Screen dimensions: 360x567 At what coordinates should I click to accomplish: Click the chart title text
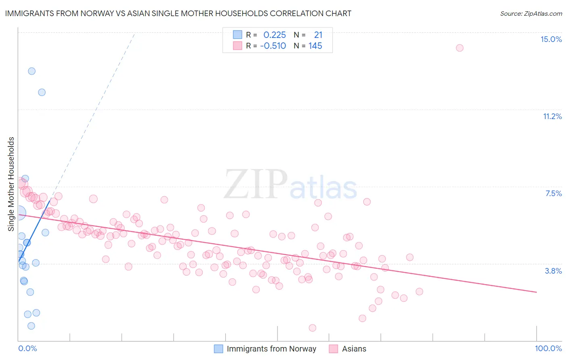(x=178, y=13)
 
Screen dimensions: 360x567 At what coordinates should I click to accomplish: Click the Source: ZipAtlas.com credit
(x=531, y=13)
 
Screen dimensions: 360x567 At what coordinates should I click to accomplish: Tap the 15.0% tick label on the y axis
(x=551, y=39)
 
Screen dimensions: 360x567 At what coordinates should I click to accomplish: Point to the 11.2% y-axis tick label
(x=552, y=116)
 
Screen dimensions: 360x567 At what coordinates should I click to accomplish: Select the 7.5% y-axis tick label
(x=553, y=193)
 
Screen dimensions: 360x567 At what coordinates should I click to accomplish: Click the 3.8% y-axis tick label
(x=553, y=271)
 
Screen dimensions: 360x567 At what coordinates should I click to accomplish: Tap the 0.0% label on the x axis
(x=27, y=348)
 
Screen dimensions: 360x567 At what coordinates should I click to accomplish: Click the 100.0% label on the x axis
(x=548, y=348)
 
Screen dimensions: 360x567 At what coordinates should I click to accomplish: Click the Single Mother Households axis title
(x=11, y=184)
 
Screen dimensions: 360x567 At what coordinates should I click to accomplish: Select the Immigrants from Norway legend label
(x=271, y=349)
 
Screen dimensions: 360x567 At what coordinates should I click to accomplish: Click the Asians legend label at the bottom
(x=354, y=349)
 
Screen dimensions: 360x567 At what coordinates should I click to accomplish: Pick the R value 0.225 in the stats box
(x=275, y=35)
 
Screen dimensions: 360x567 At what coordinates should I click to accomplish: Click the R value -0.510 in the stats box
(x=273, y=46)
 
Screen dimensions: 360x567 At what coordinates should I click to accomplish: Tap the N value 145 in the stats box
(x=315, y=46)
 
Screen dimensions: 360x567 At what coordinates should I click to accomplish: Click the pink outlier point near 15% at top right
(x=459, y=48)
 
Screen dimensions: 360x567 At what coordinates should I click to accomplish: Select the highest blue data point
(x=31, y=71)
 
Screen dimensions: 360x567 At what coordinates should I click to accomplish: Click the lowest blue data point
(x=31, y=326)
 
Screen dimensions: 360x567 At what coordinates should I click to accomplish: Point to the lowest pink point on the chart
(x=312, y=328)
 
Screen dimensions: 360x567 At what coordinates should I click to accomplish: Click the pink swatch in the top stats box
(x=238, y=46)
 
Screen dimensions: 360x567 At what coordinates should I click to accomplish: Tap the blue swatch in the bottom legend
(x=219, y=349)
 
